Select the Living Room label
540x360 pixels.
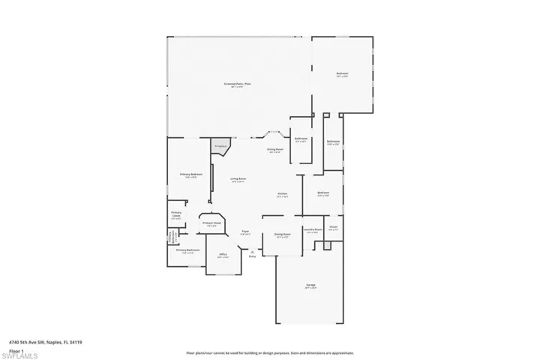238,180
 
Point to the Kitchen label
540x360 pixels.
283,194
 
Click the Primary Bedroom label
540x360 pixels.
191,175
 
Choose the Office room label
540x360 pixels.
223,256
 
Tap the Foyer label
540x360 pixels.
245,232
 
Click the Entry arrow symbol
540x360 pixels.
252,252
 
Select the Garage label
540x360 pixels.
310,285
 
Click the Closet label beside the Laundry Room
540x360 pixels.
333,227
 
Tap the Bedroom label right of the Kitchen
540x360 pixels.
323,194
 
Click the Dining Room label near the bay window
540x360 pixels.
275,150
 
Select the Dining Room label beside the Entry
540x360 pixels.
282,235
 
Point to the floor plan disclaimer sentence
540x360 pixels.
270,352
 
